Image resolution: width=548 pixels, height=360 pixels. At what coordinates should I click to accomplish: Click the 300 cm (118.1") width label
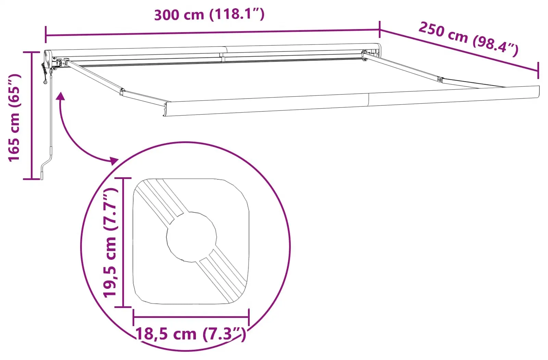[209, 14]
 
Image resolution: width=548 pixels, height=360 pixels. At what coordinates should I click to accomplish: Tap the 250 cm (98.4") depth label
[468, 39]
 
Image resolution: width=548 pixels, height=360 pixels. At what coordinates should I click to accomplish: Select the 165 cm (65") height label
[14, 118]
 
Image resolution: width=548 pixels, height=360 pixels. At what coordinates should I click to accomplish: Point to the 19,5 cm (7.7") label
[110, 243]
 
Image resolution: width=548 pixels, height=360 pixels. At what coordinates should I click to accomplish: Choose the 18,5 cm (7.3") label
[190, 334]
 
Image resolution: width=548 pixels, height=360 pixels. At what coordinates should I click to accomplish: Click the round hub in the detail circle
[191, 237]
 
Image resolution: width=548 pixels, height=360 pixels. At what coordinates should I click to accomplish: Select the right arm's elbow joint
[440, 79]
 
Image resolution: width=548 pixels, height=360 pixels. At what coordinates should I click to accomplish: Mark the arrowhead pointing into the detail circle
[114, 160]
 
